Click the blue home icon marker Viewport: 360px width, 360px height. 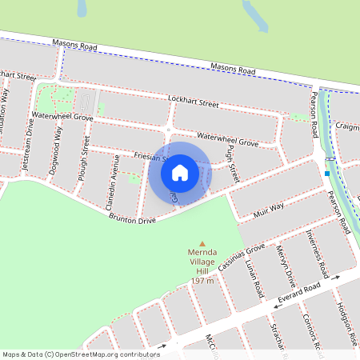point(180,172)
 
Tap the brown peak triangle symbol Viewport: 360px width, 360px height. point(202,244)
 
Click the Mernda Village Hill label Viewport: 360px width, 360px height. point(202,262)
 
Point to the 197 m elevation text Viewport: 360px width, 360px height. point(202,282)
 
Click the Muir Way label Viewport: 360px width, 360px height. point(270,209)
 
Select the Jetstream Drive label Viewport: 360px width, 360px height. point(30,148)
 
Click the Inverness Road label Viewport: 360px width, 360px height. point(314,249)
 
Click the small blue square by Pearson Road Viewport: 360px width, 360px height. point(327,173)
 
